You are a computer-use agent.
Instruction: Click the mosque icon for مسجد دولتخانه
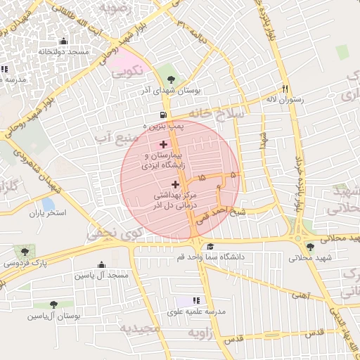tap(65, 41)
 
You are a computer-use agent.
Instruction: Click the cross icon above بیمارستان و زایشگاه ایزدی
tap(163, 143)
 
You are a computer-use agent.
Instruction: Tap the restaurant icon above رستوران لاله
tap(285, 89)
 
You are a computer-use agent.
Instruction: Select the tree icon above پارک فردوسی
tap(25, 251)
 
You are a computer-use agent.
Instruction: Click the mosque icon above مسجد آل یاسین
tap(102, 265)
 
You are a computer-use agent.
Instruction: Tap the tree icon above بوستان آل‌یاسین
tap(53, 304)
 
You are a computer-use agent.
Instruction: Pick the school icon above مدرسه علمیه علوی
tap(196, 300)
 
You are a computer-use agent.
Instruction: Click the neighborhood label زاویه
tap(198, 335)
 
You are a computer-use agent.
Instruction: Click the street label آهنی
tap(301, 296)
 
